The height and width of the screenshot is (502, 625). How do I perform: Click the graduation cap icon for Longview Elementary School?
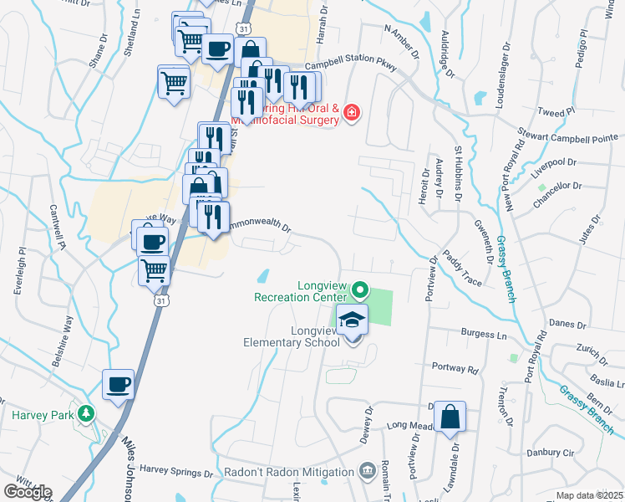coord(353,320)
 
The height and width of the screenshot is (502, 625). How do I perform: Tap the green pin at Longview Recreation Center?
coord(360,290)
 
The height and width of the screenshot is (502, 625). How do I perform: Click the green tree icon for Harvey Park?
coord(85,414)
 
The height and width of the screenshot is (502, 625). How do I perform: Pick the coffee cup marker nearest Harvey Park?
coord(117,385)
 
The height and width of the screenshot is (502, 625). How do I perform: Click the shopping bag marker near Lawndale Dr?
coord(450,417)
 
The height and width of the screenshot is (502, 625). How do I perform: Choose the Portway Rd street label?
coord(455,367)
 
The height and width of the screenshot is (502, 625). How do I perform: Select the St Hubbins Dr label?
coord(458,173)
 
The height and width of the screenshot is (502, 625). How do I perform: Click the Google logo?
coord(28,491)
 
